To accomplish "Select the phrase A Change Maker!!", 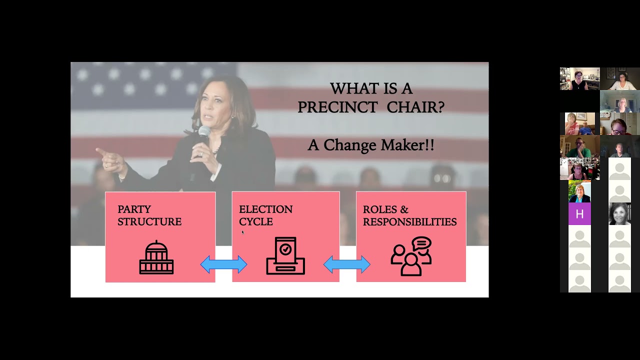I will click(x=370, y=145).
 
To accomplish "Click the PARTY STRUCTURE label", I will click(x=149, y=215).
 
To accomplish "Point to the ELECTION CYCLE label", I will click(x=265, y=215).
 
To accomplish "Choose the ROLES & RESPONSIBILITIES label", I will click(x=409, y=215).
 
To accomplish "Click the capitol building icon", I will click(x=156, y=257).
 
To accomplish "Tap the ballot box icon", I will click(x=285, y=256).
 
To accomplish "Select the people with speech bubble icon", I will click(x=411, y=256).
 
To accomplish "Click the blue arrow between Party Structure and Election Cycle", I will click(x=223, y=264).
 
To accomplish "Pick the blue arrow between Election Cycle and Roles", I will click(x=347, y=264).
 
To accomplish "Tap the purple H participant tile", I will click(x=579, y=214).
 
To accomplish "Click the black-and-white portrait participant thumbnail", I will click(x=619, y=214).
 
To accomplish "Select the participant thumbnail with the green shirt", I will click(x=579, y=146).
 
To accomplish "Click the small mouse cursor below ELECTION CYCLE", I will click(x=242, y=232).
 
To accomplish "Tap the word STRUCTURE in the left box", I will click(x=149, y=221).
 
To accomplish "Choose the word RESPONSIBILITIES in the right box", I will click(x=409, y=221).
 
